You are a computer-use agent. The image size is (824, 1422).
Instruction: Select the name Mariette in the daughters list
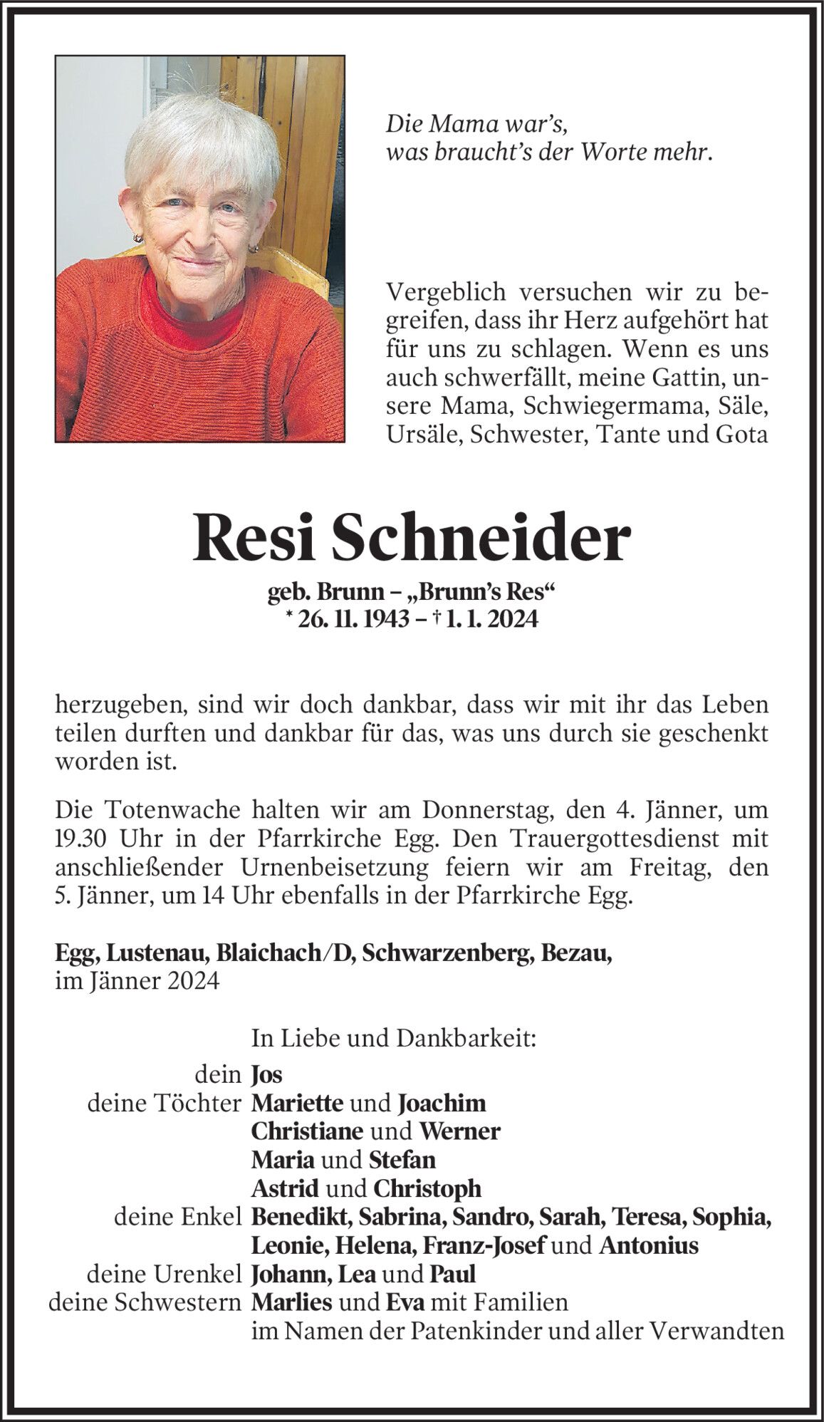tap(297, 1103)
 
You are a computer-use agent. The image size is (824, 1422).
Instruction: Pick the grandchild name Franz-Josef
tap(484, 1245)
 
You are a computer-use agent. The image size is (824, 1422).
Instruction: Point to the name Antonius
tap(648, 1245)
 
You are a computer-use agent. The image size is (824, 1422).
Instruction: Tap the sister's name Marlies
tap(291, 1302)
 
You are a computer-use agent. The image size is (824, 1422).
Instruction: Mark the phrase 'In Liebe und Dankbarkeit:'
tap(393, 1039)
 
